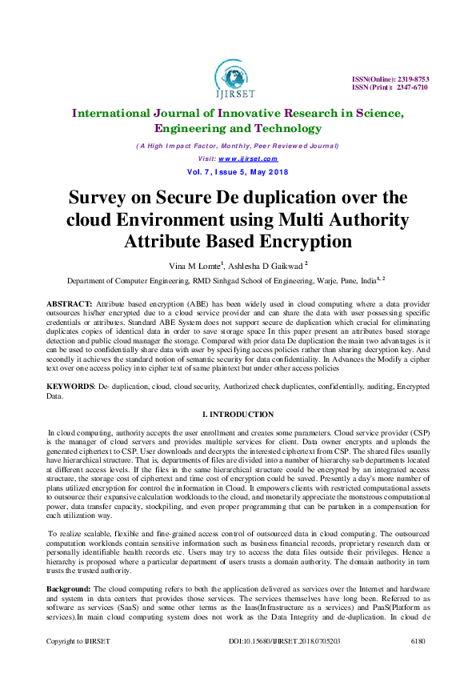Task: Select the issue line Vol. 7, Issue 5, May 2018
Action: (238, 172)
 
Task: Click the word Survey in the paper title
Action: (104, 198)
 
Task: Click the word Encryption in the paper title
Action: (301, 242)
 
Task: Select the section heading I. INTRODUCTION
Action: (238, 414)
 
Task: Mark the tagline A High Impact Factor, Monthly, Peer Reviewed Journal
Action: (238, 146)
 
